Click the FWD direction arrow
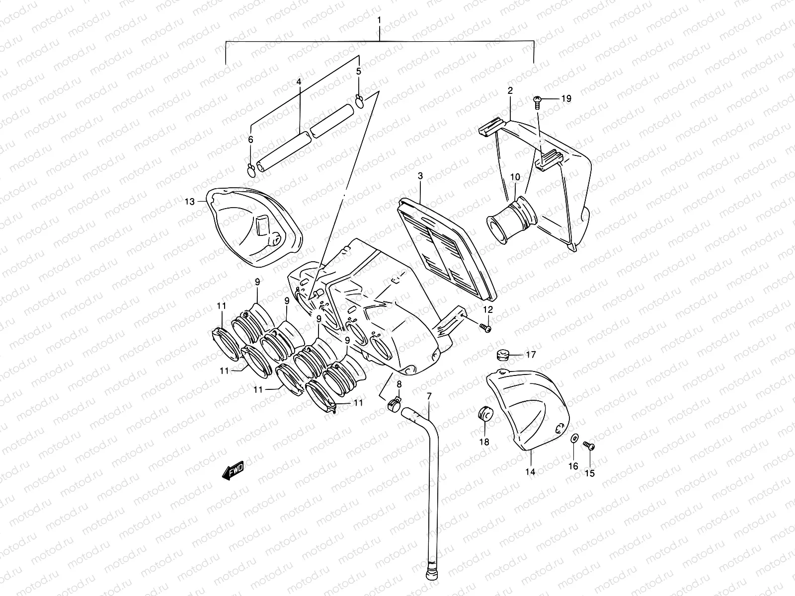click(x=233, y=470)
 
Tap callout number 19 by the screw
click(x=566, y=99)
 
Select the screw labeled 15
click(x=589, y=445)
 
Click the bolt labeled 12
click(x=485, y=327)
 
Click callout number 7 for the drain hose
click(x=429, y=396)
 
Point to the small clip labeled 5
click(x=360, y=102)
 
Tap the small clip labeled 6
click(x=251, y=170)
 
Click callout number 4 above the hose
click(x=299, y=80)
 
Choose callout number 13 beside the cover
click(x=190, y=201)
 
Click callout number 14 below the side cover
click(x=530, y=471)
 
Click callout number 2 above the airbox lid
click(x=510, y=90)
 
